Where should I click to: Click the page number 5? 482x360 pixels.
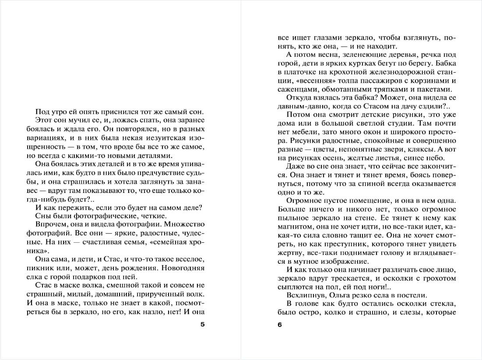coord(202,324)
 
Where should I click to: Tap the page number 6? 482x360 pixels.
coord(280,324)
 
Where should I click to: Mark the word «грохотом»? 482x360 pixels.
coord(438,278)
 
